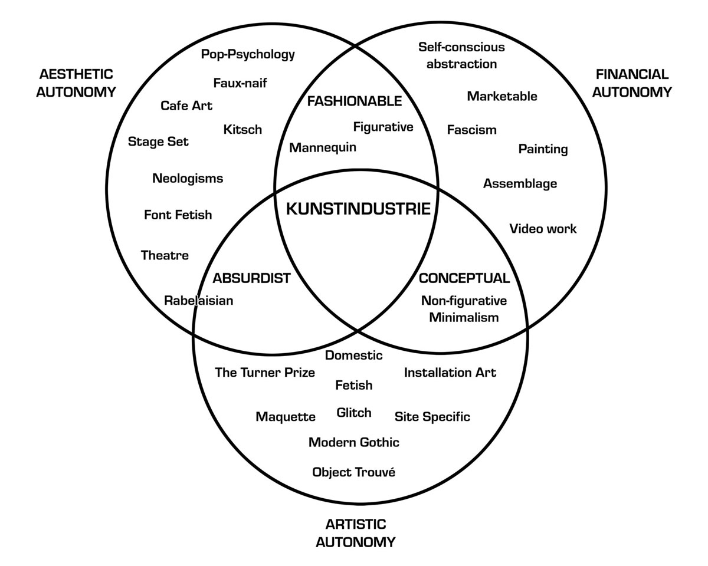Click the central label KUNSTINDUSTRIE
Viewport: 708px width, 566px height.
[358, 209]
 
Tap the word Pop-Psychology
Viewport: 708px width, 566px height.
[248, 55]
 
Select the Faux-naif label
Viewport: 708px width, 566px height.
[240, 83]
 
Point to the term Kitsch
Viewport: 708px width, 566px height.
[242, 130]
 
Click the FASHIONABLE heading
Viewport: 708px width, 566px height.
[354, 101]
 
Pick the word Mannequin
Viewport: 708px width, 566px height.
[323, 147]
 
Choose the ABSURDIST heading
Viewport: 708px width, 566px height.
[251, 278]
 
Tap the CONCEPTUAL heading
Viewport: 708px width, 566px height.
[464, 278]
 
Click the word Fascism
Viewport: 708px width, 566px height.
[471, 130]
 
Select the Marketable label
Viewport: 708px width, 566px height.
[502, 96]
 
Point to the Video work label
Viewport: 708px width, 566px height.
[543, 229]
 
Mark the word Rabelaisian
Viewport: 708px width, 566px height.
[198, 301]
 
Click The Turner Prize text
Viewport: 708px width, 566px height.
[265, 373]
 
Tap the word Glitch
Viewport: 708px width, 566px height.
[354, 413]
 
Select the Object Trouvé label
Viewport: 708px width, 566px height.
[353, 472]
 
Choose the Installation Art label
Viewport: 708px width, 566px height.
[450, 373]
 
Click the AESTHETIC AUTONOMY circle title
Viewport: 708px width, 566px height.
[76, 83]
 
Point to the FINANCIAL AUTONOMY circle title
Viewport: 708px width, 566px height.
[632, 83]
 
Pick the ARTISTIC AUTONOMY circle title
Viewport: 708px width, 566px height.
[355, 533]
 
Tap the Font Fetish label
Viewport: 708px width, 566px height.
[178, 215]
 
